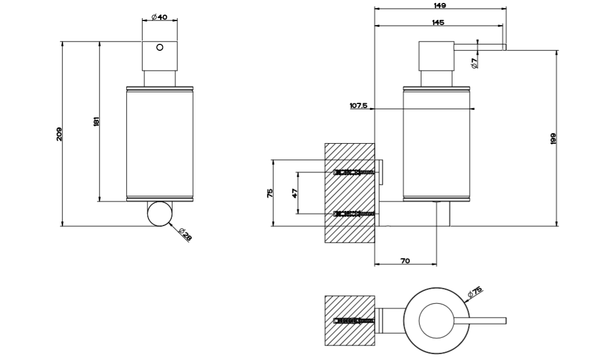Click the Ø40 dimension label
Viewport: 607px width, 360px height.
pyautogui.click(x=159, y=18)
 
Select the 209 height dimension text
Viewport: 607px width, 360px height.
pyautogui.click(x=59, y=134)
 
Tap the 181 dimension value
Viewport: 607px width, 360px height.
pyautogui.click(x=97, y=122)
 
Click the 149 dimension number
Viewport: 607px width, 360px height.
pyautogui.click(x=440, y=5)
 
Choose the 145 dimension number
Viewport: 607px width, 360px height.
pyautogui.click(x=437, y=22)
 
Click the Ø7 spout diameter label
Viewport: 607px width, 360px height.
pyautogui.click(x=475, y=61)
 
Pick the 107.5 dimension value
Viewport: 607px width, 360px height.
pyautogui.click(x=358, y=106)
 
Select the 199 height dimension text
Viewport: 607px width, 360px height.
pyautogui.click(x=553, y=139)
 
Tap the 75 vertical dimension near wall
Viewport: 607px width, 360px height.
pyautogui.click(x=270, y=193)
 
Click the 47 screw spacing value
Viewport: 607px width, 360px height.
pyautogui.click(x=295, y=193)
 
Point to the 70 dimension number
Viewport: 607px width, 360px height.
pyautogui.click(x=405, y=261)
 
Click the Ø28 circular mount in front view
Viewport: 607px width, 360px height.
pyautogui.click(x=159, y=213)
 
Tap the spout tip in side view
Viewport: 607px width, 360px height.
pyautogui.click(x=504, y=47)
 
